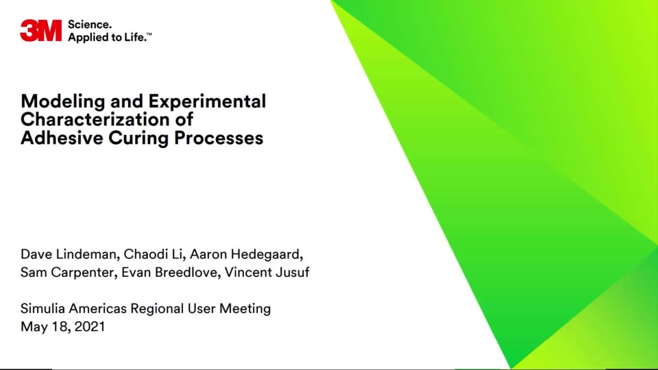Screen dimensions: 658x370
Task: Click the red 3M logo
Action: (40, 30)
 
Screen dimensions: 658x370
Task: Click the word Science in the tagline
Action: (89, 25)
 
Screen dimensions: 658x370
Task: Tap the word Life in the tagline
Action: (136, 37)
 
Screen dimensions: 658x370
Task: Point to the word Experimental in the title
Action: (207, 101)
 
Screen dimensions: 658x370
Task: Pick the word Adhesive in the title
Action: (62, 138)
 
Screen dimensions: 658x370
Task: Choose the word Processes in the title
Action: (219, 138)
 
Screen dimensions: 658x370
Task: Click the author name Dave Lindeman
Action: (69, 254)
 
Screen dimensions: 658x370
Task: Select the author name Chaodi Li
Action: (153, 254)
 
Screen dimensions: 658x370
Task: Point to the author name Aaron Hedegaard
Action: (245, 255)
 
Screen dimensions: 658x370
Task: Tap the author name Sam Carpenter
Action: (67, 272)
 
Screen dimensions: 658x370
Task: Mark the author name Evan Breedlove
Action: (169, 272)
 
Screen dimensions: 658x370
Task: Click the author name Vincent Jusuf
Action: (267, 272)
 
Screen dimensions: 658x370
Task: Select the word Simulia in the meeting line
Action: (42, 309)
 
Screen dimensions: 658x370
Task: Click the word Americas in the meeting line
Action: (97, 309)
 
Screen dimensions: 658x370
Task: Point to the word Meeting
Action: (245, 309)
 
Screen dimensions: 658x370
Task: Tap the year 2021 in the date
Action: (89, 327)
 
